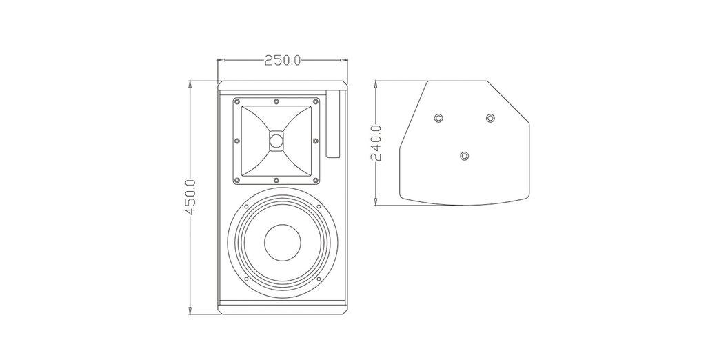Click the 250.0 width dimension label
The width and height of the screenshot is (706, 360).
pos(282,60)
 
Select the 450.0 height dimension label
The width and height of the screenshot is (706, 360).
pos(190,197)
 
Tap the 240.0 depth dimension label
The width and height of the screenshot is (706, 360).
pos(376,143)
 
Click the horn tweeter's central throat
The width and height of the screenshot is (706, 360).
pos(276,140)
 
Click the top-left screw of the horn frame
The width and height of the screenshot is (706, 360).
pos(237,101)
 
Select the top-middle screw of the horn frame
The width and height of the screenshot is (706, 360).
pos(276,101)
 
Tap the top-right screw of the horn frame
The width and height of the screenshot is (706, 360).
pos(316,101)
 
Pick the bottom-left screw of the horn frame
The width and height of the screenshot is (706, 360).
pos(237,181)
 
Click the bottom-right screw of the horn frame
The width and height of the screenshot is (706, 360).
pos(316,181)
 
